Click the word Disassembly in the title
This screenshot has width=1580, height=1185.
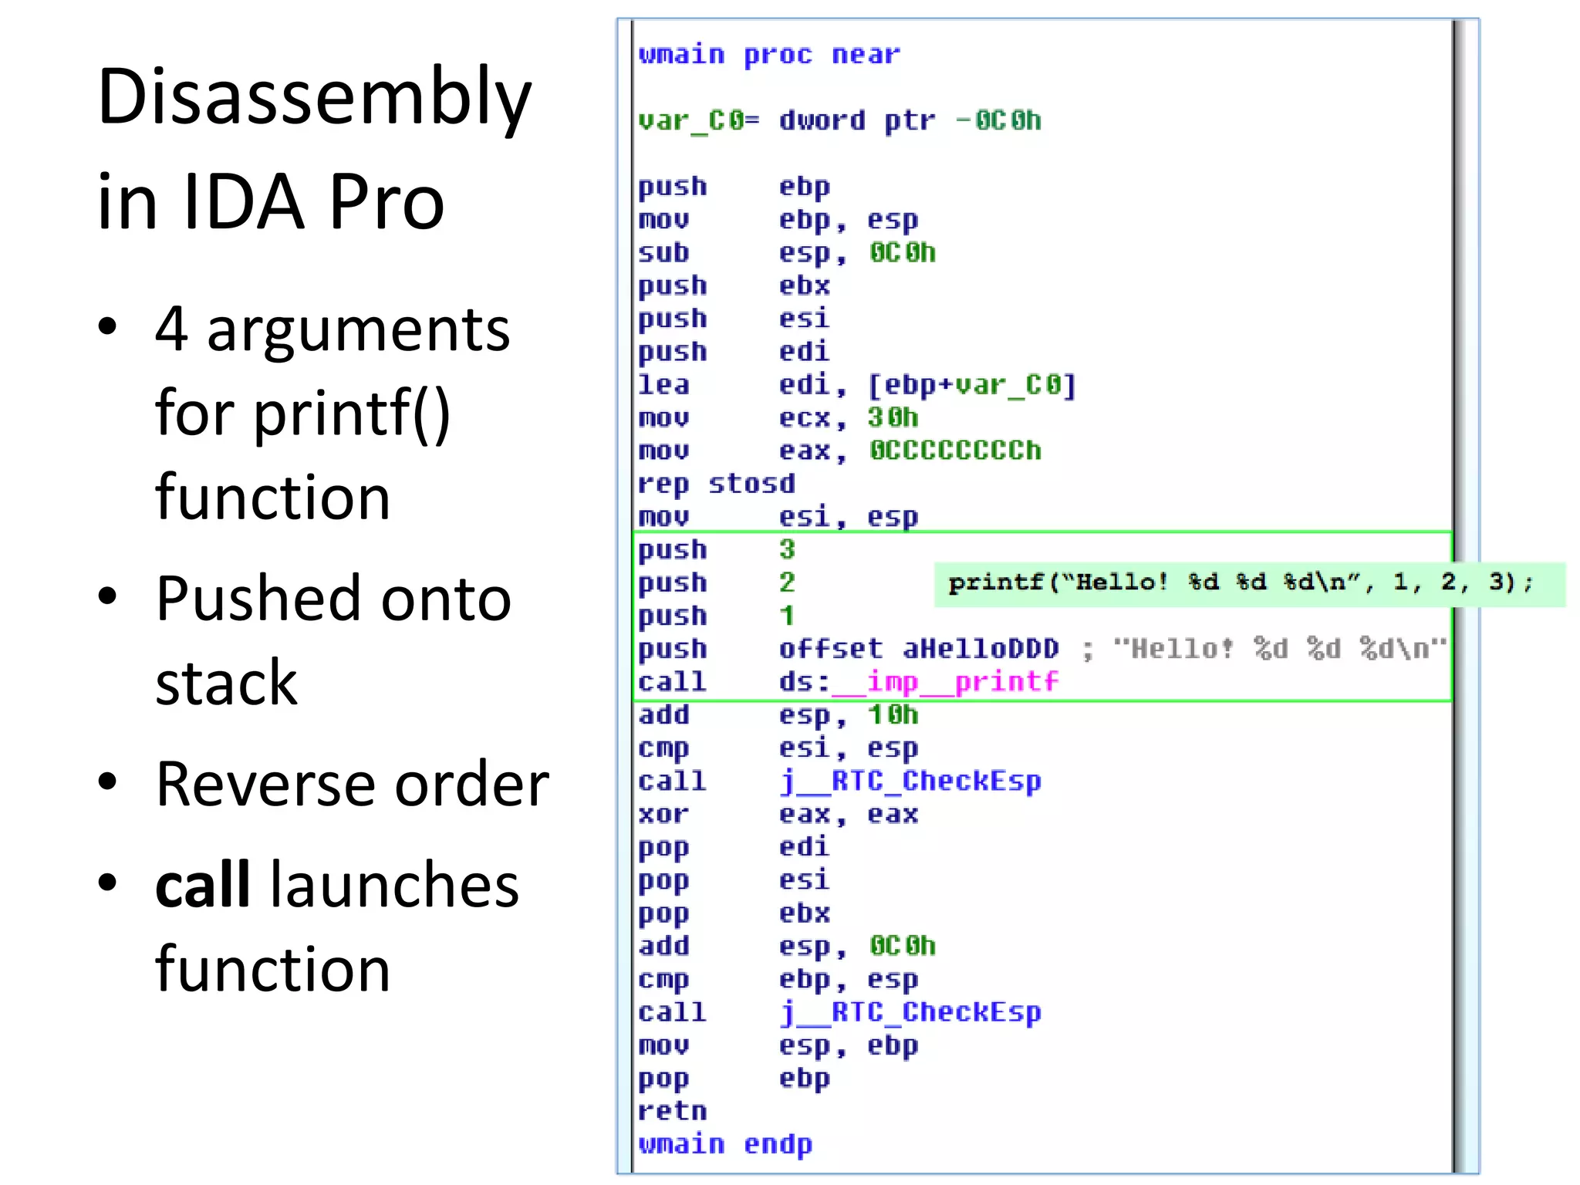(314, 97)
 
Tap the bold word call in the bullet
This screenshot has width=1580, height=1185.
(202, 885)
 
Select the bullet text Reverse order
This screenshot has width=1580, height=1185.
(352, 785)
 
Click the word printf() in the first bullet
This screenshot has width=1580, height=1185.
(352, 414)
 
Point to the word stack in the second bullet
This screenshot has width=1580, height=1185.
(226, 683)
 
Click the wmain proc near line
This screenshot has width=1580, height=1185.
(768, 55)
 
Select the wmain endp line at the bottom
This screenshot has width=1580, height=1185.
(724, 1144)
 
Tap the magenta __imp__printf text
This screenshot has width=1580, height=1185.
(961, 682)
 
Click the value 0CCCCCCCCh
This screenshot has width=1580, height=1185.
(954, 451)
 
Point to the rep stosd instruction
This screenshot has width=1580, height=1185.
(715, 484)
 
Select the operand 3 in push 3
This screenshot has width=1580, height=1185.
(786, 549)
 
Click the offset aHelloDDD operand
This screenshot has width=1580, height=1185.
(918, 649)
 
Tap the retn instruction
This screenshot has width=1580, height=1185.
(672, 1111)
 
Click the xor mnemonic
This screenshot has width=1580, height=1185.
(663, 814)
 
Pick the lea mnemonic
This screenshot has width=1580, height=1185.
(663, 384)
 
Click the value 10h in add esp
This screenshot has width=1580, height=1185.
(893, 715)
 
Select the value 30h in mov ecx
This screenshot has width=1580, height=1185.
(893, 417)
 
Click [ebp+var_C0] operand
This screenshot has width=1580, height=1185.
(971, 384)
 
